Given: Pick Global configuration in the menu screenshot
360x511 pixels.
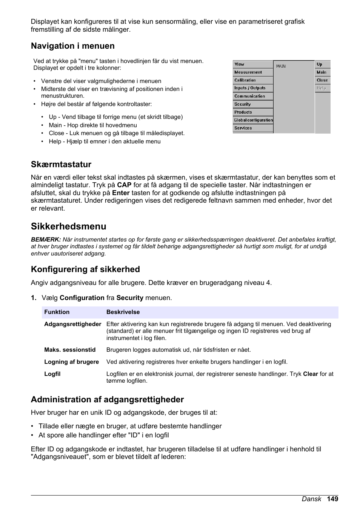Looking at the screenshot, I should coord(253,120).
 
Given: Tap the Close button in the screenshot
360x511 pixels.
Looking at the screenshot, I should coord(322,80).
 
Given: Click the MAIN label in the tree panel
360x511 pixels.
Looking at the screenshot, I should coord(281,66).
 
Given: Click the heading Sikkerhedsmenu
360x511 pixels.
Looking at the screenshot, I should coord(68,226).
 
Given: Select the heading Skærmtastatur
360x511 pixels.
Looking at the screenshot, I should coord(61,165).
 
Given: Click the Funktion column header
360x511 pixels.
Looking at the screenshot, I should coord(57,312).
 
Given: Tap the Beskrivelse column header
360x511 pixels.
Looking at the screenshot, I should coord(123,312).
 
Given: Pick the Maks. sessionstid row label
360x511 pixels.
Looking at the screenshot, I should coord(70,350).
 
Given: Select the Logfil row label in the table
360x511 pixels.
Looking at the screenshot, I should coord(52,374).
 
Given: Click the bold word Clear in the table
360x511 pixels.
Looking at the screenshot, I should coord(310,374).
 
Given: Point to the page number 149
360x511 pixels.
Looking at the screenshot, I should coord(332,499).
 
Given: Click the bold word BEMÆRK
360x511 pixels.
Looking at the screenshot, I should coord(46,240).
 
